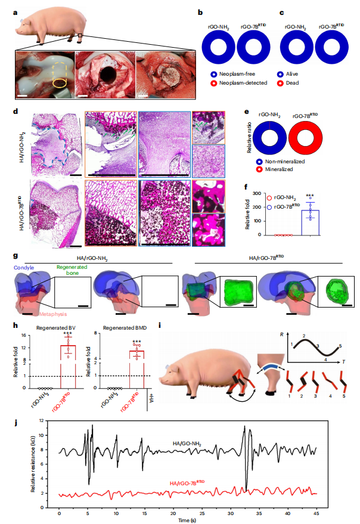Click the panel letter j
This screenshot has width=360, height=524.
pyautogui.click(x=15, y=423)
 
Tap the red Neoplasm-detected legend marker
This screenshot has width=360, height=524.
pyautogui.click(x=213, y=83)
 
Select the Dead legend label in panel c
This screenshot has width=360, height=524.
pyautogui.click(x=292, y=83)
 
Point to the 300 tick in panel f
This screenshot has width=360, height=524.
pyautogui.click(x=257, y=194)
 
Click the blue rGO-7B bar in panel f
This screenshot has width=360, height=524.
pyautogui.click(x=311, y=222)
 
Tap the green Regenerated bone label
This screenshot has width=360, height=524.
pyautogui.click(x=72, y=270)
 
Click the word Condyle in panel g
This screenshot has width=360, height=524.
pyautogui.click(x=24, y=268)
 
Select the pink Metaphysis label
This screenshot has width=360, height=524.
pyautogui.click(x=53, y=314)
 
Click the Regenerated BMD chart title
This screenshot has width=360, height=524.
pyautogui.click(x=125, y=328)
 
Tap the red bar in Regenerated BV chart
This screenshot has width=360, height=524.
pyautogui.click(x=68, y=367)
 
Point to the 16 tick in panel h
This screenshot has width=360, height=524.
pyautogui.click(x=23, y=335)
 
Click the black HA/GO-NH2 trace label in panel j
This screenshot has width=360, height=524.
pyautogui.click(x=187, y=444)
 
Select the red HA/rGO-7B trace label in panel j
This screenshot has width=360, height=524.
pyautogui.click(x=187, y=483)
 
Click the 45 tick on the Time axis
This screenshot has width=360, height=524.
pyautogui.click(x=316, y=514)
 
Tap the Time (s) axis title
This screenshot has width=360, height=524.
pyautogui.click(x=187, y=520)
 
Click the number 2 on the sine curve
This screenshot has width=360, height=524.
pyautogui.click(x=304, y=336)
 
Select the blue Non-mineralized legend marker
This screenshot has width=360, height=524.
pyautogui.click(x=259, y=162)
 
